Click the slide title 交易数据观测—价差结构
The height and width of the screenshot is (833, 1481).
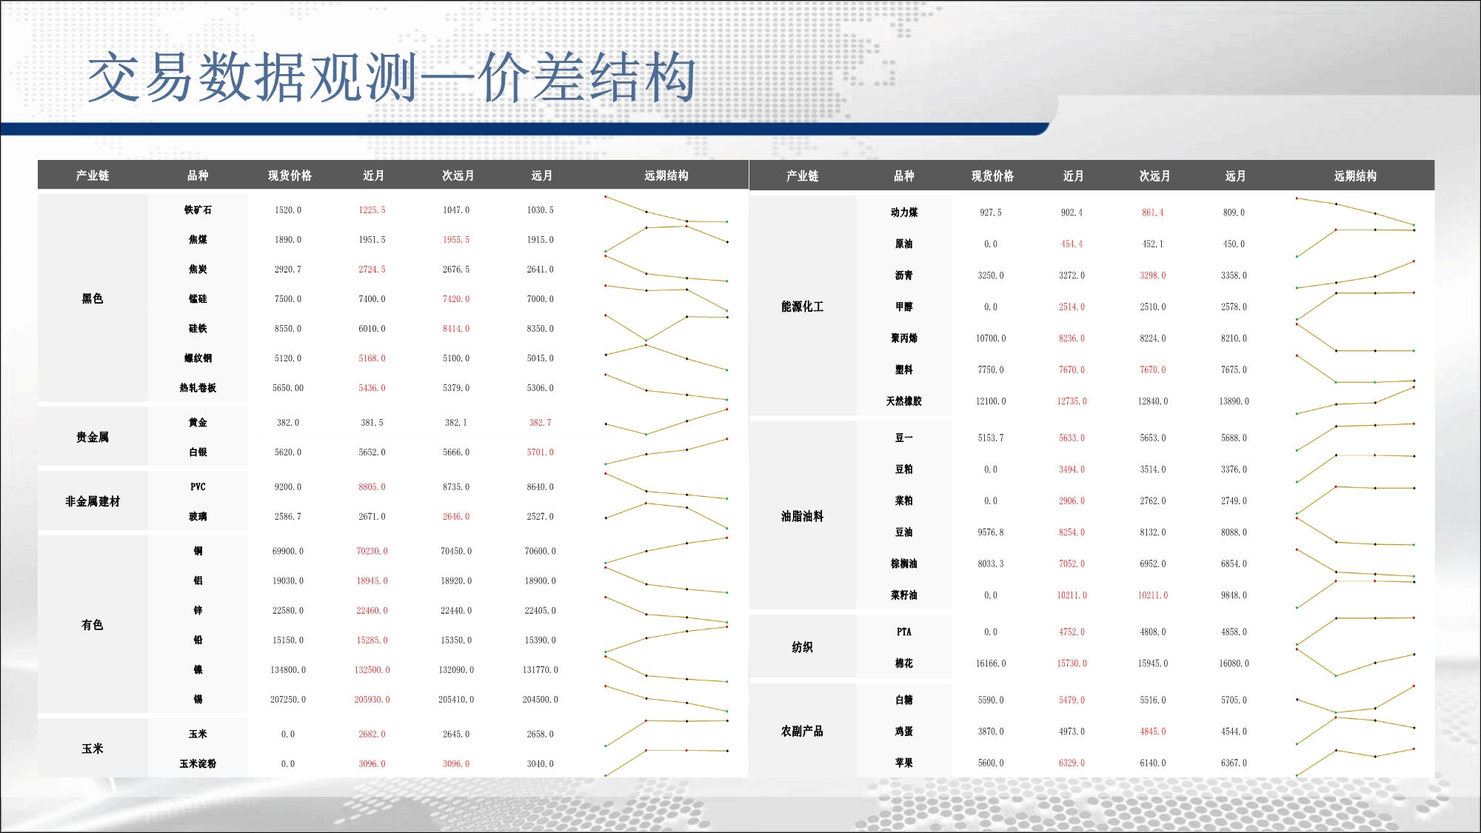point(392,78)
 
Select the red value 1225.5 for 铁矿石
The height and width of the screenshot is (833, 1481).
point(372,210)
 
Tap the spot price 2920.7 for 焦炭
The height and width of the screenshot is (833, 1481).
point(288,270)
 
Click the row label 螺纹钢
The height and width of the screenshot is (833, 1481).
point(198,358)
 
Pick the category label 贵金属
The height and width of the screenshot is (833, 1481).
point(93,438)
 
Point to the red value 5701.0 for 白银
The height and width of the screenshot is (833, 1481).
point(541,452)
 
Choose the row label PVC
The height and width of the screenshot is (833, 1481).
point(198,487)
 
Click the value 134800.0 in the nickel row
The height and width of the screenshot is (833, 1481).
point(288,670)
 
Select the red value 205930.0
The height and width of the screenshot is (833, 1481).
point(372,700)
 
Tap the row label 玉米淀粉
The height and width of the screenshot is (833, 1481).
point(198,764)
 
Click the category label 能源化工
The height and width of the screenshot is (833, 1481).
point(803,307)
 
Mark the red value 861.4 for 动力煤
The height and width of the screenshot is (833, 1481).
point(1153,213)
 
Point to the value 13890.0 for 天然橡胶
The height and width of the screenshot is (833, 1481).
point(1234,401)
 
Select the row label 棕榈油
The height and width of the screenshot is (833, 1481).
point(904,564)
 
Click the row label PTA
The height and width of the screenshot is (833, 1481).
point(904,632)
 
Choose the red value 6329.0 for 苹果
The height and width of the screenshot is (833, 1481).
point(1072,763)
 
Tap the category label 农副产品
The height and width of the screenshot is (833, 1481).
point(803,732)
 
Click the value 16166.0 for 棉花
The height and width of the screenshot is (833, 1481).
point(991,664)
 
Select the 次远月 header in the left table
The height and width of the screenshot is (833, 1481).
point(458,175)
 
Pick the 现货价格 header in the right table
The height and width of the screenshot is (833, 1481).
point(993,176)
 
